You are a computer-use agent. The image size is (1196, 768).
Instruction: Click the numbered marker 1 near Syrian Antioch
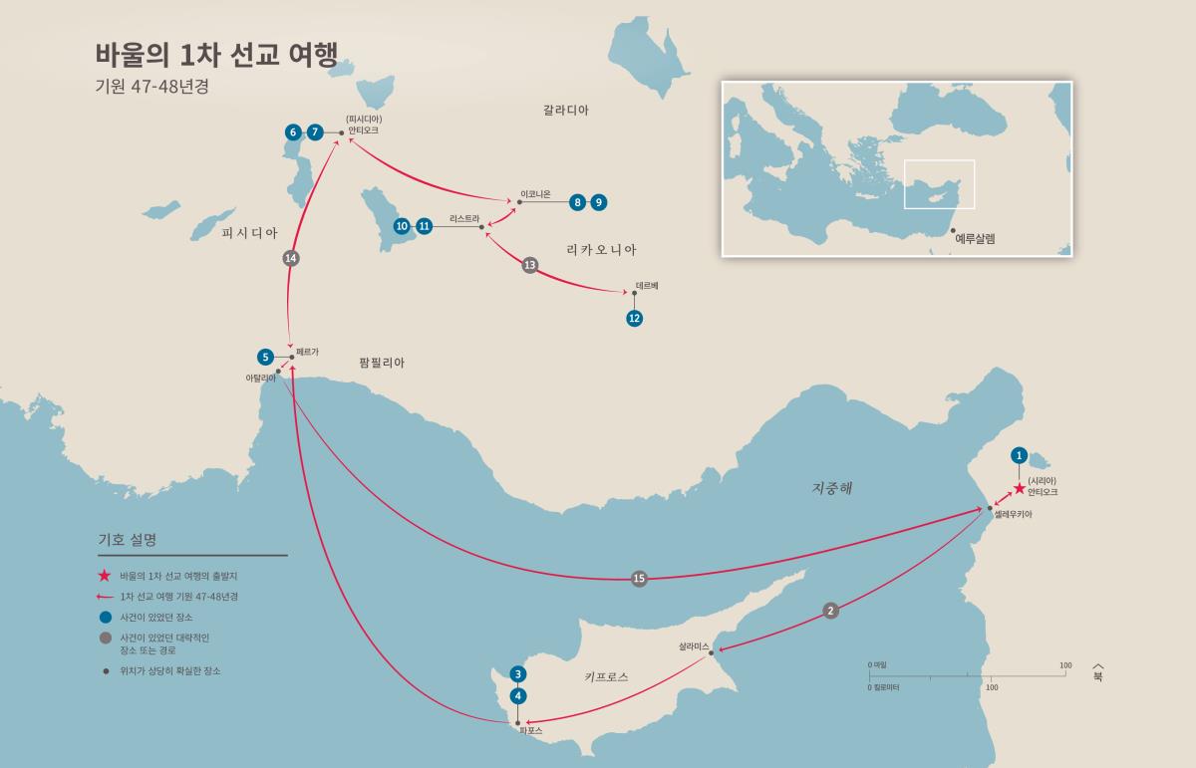point(1019,455)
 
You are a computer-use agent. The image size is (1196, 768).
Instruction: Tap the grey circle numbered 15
point(639,579)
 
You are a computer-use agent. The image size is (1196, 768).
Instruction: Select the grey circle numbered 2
point(831,611)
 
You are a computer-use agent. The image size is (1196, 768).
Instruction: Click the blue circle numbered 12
point(635,319)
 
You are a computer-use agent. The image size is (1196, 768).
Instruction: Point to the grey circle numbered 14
point(291,258)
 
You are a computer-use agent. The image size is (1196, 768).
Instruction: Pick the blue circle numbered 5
point(265,357)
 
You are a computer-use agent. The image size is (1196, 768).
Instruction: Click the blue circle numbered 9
point(598,202)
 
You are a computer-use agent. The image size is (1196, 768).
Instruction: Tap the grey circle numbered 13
point(530,265)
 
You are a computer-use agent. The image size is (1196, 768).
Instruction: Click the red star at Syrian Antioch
point(1019,489)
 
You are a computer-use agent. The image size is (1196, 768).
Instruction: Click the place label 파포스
point(530,730)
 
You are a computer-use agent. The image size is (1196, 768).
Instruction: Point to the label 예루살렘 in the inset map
point(975,239)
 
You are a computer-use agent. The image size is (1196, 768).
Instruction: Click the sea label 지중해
point(832,489)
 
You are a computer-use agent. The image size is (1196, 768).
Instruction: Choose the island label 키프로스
point(606,677)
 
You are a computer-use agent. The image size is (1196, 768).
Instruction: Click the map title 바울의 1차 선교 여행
point(216,55)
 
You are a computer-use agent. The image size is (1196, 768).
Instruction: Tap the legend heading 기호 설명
point(127,540)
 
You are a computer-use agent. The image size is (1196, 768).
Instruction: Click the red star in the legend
point(104,576)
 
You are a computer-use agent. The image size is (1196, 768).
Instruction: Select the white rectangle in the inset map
point(939,184)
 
